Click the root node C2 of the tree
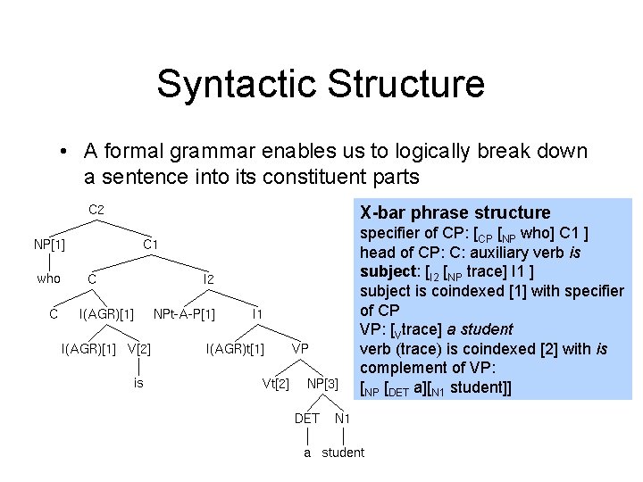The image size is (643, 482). [x=96, y=210]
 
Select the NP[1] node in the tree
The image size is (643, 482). [x=49, y=245]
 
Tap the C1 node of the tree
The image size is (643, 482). [x=151, y=245]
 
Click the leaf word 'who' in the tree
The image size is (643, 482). [x=48, y=278]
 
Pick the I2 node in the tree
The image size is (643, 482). [x=208, y=279]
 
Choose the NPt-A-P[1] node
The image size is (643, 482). [x=184, y=313]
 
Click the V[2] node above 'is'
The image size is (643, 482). [x=139, y=347]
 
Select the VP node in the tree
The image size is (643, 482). [x=300, y=347]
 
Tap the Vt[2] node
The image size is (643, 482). [x=275, y=383]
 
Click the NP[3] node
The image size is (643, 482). [x=322, y=383]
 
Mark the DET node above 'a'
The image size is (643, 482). [x=306, y=418]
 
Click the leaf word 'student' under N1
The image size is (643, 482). [x=343, y=453]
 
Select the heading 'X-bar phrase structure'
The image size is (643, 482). [x=455, y=212]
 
